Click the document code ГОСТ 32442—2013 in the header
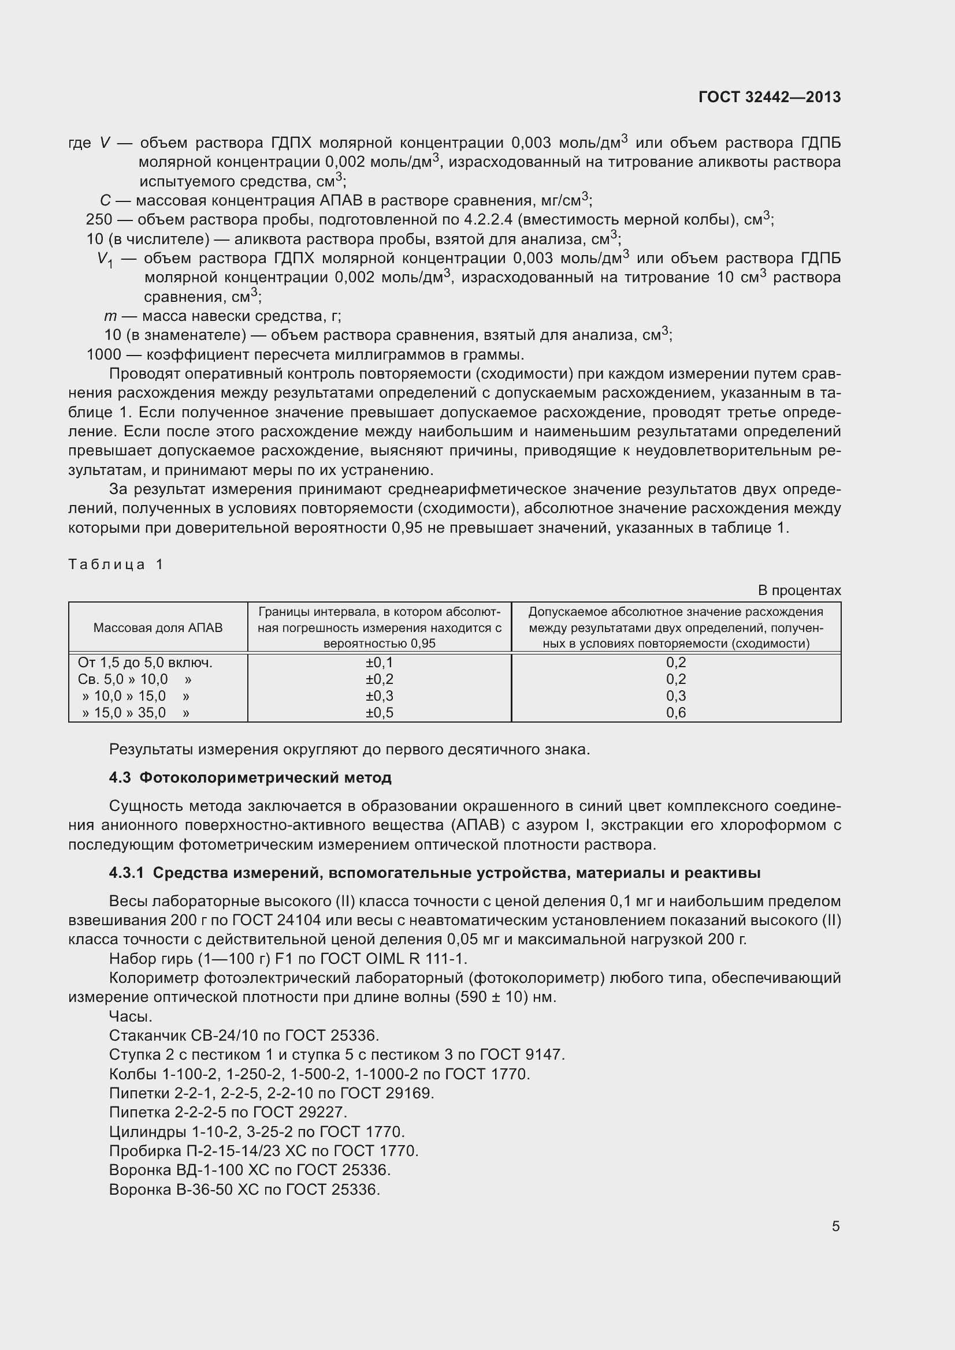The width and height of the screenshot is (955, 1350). [x=770, y=97]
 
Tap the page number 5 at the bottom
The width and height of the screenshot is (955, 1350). [x=835, y=1226]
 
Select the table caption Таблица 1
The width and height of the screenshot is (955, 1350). [x=116, y=564]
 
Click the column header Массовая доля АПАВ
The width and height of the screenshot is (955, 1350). [x=158, y=628]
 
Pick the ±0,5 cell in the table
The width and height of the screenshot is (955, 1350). [x=379, y=713]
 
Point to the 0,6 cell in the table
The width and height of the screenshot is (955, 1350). [x=676, y=713]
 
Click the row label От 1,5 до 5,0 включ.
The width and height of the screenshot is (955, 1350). [x=145, y=663]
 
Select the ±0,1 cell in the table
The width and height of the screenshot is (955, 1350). [x=379, y=663]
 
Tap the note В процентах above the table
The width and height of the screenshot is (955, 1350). [x=799, y=590]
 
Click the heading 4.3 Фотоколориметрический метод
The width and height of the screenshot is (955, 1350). [x=250, y=778]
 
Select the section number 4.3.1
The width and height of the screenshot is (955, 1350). [x=127, y=873]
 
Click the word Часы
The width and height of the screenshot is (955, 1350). [x=131, y=1016]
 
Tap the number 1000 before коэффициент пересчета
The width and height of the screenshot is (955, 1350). [x=103, y=354]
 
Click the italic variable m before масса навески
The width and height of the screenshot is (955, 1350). [x=110, y=316]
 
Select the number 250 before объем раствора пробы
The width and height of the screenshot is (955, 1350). [x=99, y=220]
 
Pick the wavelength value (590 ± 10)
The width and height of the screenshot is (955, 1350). [x=491, y=998]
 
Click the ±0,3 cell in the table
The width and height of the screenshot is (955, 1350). [x=379, y=696]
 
